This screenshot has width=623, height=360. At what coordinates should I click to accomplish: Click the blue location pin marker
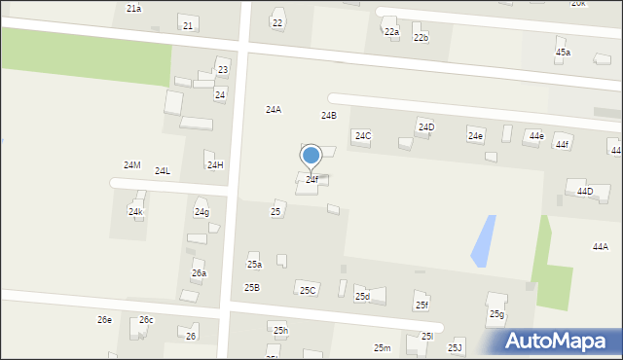311,156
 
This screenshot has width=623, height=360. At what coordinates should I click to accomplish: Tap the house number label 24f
311,180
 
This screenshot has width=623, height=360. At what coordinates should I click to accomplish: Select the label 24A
274,110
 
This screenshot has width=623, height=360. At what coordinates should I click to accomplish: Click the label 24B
329,116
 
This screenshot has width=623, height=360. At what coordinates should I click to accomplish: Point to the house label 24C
362,136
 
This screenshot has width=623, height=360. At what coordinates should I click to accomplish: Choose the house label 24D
426,127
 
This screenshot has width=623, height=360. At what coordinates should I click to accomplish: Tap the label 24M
131,165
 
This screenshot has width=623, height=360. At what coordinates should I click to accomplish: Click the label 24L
163,171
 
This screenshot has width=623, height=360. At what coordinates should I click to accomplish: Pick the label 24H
215,165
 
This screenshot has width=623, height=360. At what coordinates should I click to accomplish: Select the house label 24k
136,211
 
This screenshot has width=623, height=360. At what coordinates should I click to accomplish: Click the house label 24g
202,212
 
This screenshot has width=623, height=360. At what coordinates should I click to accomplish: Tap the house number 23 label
223,70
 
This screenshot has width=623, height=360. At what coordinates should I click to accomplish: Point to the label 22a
391,32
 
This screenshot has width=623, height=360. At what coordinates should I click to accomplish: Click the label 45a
563,53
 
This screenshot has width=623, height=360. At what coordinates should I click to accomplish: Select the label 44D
584,192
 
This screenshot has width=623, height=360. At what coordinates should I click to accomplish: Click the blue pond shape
483,241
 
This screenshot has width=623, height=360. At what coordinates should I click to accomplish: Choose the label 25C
308,291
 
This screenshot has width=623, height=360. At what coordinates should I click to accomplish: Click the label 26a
199,274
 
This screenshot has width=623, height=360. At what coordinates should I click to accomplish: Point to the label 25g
496,314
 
